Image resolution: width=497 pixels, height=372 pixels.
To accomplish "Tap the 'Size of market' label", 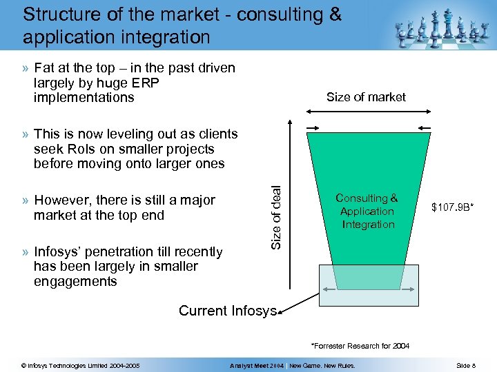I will point(366,97).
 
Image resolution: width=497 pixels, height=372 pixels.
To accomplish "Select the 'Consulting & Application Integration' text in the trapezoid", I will point(367,211).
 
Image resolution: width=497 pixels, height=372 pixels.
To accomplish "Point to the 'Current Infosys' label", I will point(227,311).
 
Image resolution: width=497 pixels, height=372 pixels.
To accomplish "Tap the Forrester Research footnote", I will point(360,345).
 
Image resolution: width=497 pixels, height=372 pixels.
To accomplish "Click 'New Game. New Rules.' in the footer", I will point(322,365).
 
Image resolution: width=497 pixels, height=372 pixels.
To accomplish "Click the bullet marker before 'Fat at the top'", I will point(25,68).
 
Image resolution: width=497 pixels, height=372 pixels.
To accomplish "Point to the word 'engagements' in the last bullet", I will point(75,281).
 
